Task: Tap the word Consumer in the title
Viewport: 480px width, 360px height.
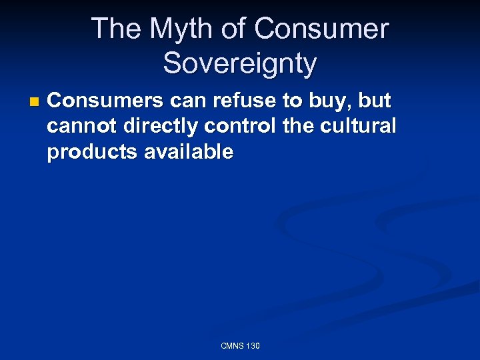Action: pos(321,29)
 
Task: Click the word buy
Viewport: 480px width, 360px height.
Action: pos(331,101)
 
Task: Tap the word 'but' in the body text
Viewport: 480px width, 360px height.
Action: pos(375,101)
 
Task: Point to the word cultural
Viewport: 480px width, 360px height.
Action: pos(360,126)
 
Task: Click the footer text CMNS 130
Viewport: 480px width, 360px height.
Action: pos(240,346)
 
